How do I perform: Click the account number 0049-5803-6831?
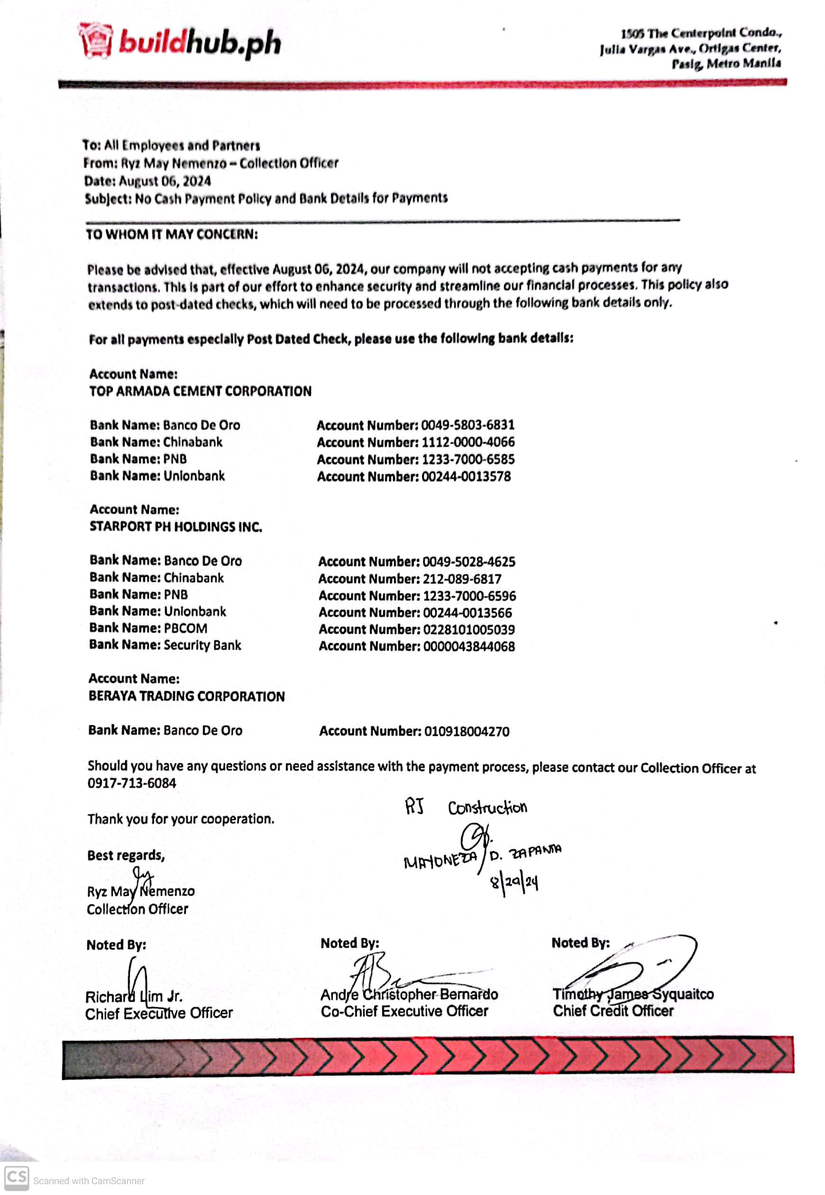point(467,425)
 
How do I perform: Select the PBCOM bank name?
point(185,628)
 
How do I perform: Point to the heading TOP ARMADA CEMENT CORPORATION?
point(200,391)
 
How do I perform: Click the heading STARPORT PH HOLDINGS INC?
point(176,527)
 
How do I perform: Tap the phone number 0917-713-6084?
point(132,783)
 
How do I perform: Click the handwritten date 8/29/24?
point(514,883)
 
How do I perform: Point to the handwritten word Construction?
point(487,808)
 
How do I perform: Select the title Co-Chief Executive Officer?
point(404,1011)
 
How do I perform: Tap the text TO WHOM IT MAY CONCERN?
point(172,234)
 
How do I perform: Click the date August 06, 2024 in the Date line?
point(165,181)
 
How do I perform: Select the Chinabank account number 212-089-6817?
point(462,579)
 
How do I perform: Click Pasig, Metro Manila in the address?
point(726,64)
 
